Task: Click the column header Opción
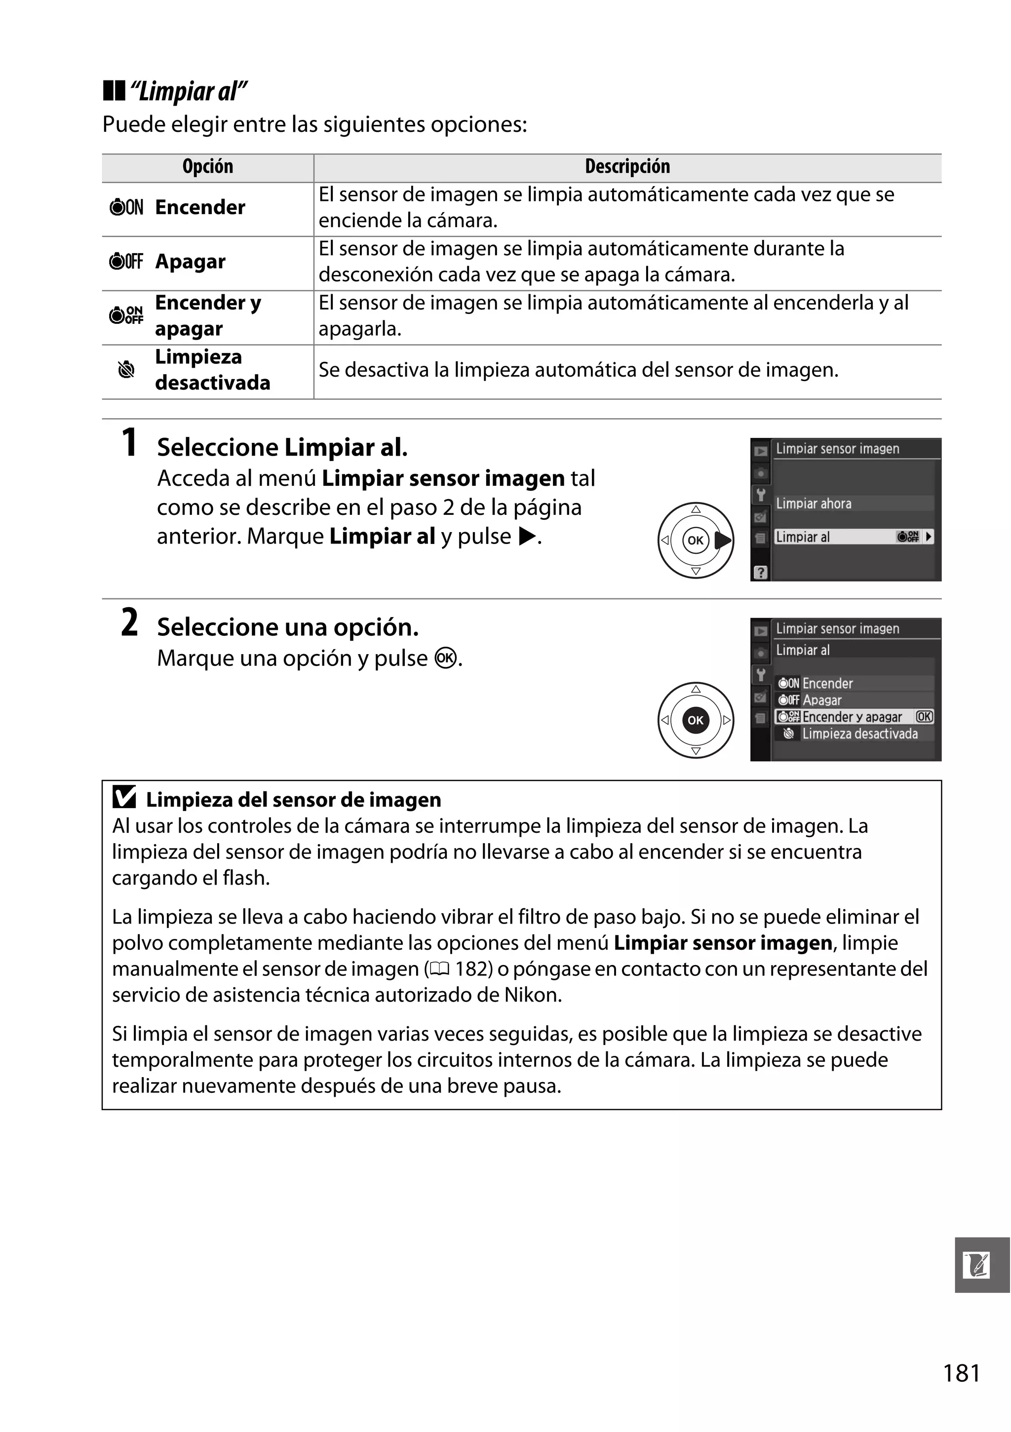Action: pyautogui.click(x=208, y=166)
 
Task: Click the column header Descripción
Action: pyautogui.click(x=627, y=166)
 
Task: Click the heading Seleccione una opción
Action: pyautogui.click(x=287, y=627)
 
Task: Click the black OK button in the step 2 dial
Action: pyautogui.click(x=696, y=720)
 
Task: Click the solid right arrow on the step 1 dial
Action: pyautogui.click(x=722, y=540)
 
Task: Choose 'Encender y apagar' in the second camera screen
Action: pyautogui.click(x=852, y=717)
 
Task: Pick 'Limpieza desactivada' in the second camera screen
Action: pyautogui.click(x=859, y=734)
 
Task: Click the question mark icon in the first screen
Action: pyautogui.click(x=760, y=572)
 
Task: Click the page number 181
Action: pyautogui.click(x=961, y=1373)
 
